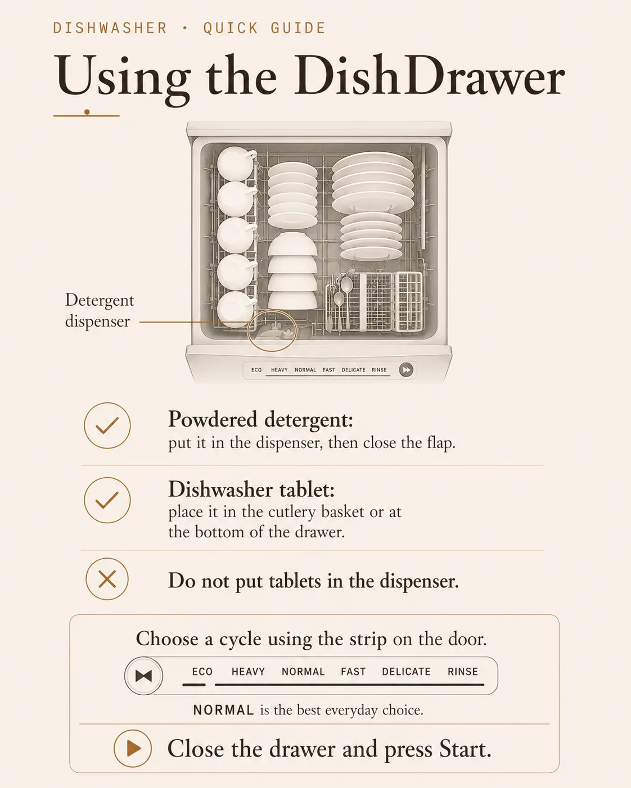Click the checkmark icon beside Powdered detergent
click(107, 425)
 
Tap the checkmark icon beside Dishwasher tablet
click(107, 500)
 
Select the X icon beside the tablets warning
click(107, 579)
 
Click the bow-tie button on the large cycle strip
click(143, 676)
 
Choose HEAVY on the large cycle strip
click(248, 672)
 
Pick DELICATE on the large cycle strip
click(406, 672)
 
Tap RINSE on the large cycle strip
click(463, 672)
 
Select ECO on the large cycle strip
click(202, 672)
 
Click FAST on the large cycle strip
click(353, 672)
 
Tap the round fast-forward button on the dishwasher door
click(406, 370)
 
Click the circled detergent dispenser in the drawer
click(272, 330)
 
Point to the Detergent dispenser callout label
click(100, 310)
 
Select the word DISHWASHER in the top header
click(110, 28)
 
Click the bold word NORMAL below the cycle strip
click(223, 710)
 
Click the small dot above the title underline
click(87, 112)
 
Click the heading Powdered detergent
click(260, 419)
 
